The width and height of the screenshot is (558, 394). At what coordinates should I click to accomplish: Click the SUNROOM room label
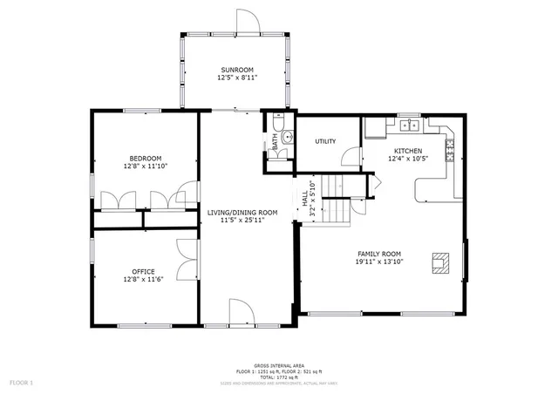[236, 70]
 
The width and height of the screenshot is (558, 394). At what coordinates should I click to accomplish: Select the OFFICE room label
[144, 271]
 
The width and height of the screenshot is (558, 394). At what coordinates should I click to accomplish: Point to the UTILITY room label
[326, 141]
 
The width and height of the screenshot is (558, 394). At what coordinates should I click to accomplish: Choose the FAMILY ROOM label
[378, 254]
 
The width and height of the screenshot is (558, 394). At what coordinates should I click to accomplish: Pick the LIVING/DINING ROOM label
[242, 213]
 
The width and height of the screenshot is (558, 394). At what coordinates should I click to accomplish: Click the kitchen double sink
[409, 126]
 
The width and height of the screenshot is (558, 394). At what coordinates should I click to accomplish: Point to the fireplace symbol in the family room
[441, 262]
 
